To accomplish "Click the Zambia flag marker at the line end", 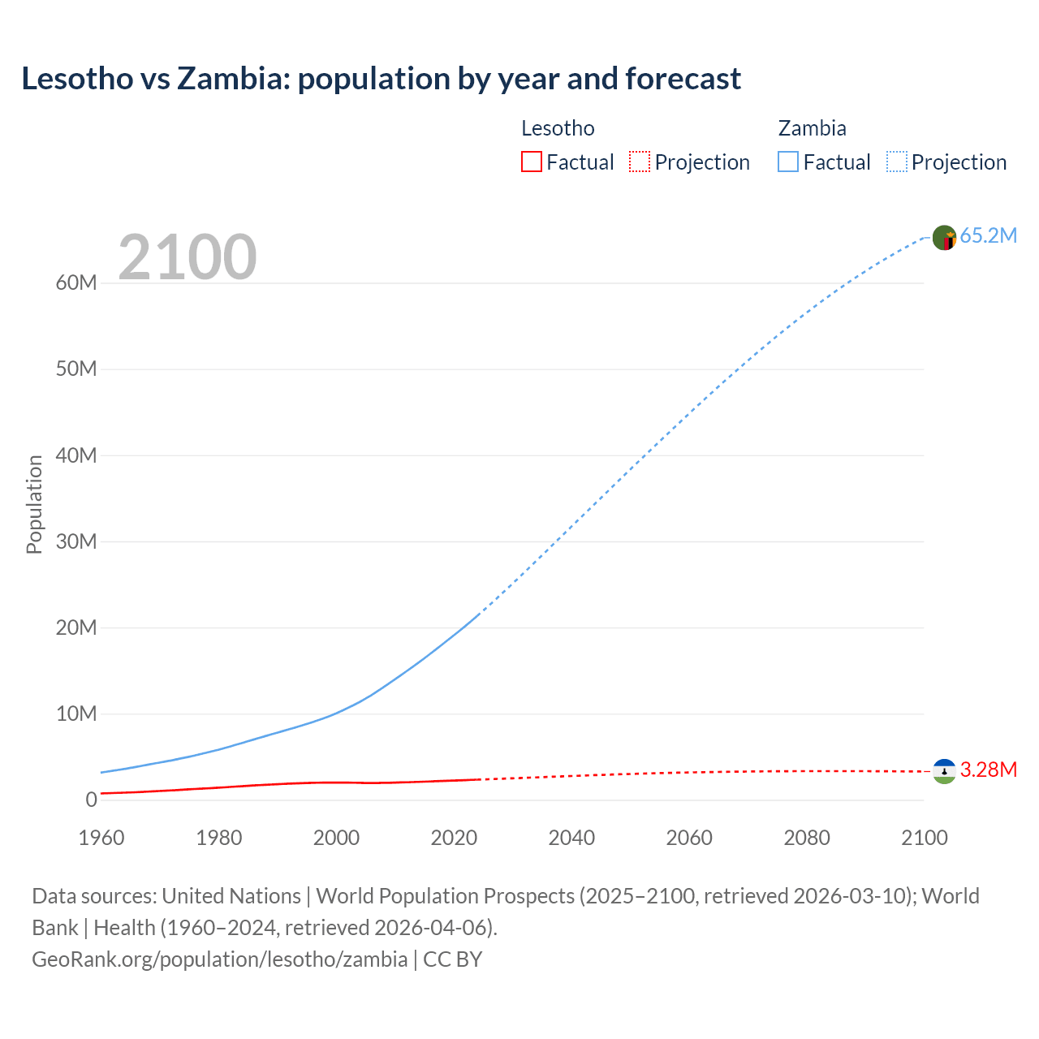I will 944,238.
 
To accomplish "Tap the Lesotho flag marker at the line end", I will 944,771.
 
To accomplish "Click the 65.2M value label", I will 988,236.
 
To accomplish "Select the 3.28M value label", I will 988,770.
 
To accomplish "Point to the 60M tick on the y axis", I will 76,283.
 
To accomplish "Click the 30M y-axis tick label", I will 76,541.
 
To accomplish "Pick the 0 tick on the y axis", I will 91,800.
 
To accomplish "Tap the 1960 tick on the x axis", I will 101,838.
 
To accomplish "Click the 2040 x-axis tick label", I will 571,838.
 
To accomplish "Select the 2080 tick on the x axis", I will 807,838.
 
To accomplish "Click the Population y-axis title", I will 34,504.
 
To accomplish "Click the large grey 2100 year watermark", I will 188,257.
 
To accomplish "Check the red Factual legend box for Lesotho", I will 531,162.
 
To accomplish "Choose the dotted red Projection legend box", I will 640,162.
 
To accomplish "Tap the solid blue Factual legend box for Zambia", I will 788,162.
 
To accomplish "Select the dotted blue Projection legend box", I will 897,162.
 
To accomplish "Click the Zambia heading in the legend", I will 812,128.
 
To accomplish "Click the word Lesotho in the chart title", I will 77,79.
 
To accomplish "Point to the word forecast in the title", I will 683,79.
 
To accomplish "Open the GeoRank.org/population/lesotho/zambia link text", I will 219,959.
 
